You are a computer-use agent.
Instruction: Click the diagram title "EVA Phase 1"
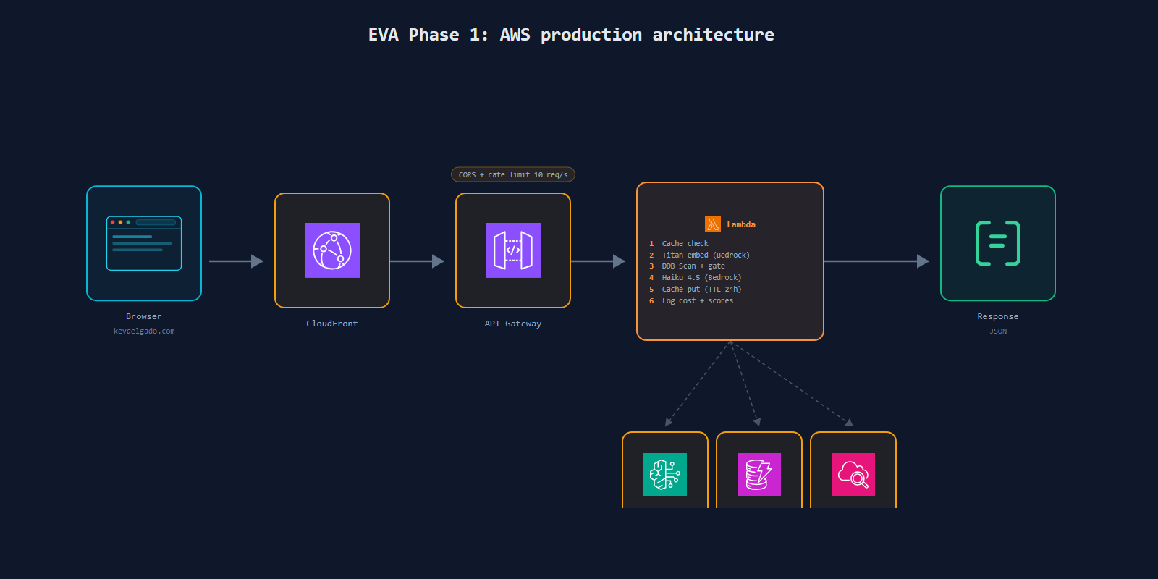(x=428, y=35)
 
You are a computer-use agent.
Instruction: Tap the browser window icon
(x=144, y=243)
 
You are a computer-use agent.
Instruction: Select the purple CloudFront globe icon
(x=332, y=250)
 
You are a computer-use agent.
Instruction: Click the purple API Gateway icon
(x=513, y=250)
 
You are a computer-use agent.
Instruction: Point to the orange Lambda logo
(x=712, y=224)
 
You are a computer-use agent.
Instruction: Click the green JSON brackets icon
(x=998, y=243)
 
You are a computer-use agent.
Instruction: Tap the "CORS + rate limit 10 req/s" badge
(x=513, y=174)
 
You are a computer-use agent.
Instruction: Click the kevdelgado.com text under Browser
(x=144, y=331)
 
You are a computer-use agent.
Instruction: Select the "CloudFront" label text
(x=332, y=324)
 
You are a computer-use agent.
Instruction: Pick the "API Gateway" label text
(x=513, y=324)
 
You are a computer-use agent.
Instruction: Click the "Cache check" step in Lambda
(x=685, y=243)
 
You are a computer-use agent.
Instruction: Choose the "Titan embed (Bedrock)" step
(x=706, y=255)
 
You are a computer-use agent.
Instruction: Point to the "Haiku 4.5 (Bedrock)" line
(x=701, y=278)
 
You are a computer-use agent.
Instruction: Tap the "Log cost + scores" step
(x=698, y=301)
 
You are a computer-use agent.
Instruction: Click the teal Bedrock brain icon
(x=665, y=475)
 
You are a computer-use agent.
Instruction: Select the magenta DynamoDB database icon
(x=759, y=475)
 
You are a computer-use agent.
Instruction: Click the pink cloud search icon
(x=853, y=475)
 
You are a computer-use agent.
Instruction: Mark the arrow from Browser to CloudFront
(x=236, y=261)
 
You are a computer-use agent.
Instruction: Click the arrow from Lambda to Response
(x=876, y=261)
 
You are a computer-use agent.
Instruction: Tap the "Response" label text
(x=998, y=316)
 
